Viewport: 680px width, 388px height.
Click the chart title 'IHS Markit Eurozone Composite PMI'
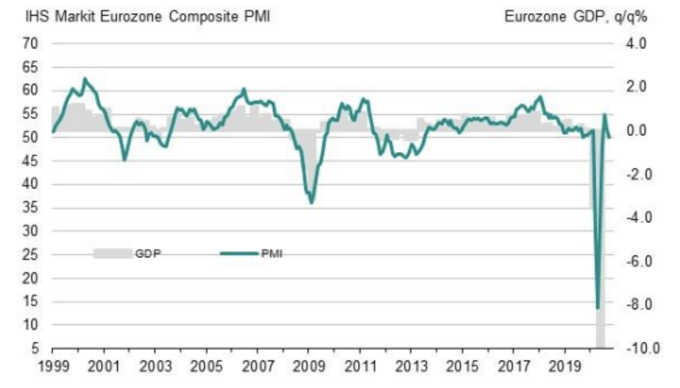click(147, 17)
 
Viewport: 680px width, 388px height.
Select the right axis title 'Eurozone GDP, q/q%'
click(575, 17)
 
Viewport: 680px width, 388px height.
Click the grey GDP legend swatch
click(111, 253)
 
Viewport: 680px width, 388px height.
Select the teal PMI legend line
click(239, 253)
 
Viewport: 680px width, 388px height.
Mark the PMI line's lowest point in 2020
click(598, 308)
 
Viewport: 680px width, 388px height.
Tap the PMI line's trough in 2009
click(312, 203)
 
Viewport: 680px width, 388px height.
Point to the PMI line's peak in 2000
click(84, 79)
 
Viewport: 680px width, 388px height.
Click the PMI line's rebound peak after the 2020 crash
click(605, 115)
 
